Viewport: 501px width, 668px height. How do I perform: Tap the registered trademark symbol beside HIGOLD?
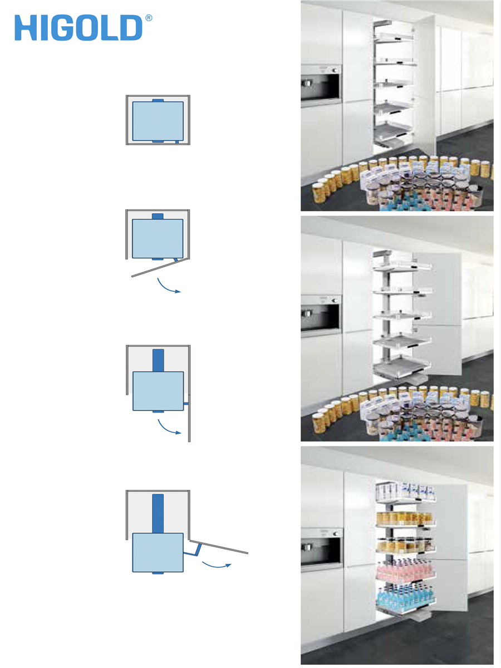(149, 18)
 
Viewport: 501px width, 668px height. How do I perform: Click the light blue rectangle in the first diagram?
(158, 121)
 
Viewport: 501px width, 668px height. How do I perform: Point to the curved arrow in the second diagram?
(168, 288)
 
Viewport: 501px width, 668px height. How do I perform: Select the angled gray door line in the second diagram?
(159, 268)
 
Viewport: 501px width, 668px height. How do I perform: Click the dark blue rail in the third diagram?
(158, 360)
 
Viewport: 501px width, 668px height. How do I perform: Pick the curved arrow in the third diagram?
(168, 429)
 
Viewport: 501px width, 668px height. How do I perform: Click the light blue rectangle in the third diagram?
(158, 391)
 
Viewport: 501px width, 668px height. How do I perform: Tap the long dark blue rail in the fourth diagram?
(158, 513)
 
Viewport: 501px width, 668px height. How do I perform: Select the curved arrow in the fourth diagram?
(217, 566)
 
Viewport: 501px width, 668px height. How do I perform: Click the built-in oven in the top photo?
(321, 86)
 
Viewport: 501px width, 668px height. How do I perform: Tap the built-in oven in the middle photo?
(321, 316)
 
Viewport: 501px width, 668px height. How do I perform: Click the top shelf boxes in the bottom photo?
(405, 490)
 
